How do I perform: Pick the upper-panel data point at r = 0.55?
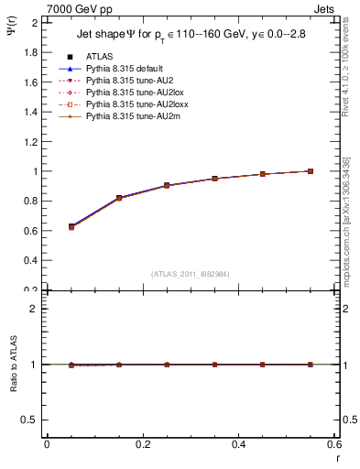(x=311, y=171)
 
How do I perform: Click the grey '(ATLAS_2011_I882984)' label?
(x=190, y=274)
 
